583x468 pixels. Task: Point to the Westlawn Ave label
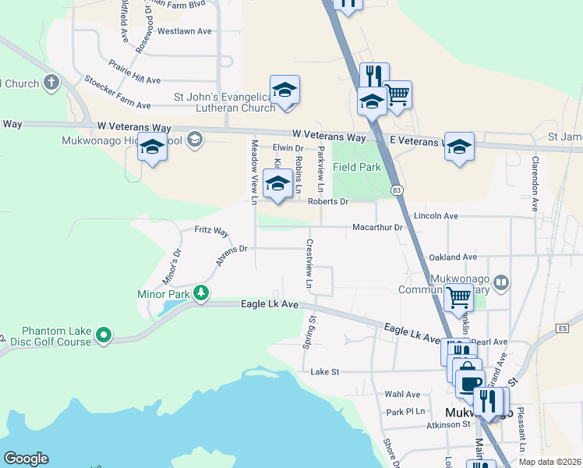click(x=185, y=32)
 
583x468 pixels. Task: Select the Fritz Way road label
click(x=211, y=232)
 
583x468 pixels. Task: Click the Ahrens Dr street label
click(x=231, y=254)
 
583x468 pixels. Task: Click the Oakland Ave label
click(x=453, y=257)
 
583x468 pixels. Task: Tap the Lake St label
click(x=325, y=372)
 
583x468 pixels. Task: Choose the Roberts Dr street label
click(x=327, y=201)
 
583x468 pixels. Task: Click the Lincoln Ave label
click(x=436, y=215)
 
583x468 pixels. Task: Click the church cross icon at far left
click(x=52, y=83)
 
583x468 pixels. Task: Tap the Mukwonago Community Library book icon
click(x=501, y=282)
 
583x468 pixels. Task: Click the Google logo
click(x=26, y=459)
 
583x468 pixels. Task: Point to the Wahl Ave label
click(x=403, y=395)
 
